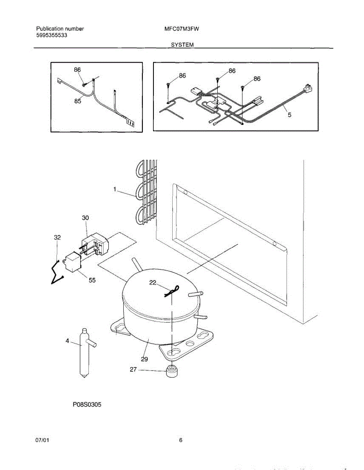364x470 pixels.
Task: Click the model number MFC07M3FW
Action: pyautogui.click(x=183, y=29)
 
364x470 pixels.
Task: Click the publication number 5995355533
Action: pyautogui.click(x=51, y=35)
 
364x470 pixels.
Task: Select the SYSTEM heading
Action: pyautogui.click(x=182, y=45)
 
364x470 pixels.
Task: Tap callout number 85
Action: pyautogui.click(x=78, y=101)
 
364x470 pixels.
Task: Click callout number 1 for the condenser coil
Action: pyautogui.click(x=115, y=190)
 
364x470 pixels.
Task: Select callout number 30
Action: pyautogui.click(x=86, y=218)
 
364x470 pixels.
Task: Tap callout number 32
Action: pyautogui.click(x=58, y=237)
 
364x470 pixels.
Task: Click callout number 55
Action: pyautogui.click(x=92, y=280)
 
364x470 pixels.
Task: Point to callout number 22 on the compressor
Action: pyautogui.click(x=153, y=282)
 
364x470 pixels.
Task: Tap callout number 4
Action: pyautogui.click(x=67, y=341)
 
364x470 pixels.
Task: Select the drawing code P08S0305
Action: pyautogui.click(x=86, y=405)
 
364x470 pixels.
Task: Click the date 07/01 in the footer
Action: pyautogui.click(x=42, y=440)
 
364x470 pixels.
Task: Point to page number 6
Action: pyautogui.click(x=181, y=440)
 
